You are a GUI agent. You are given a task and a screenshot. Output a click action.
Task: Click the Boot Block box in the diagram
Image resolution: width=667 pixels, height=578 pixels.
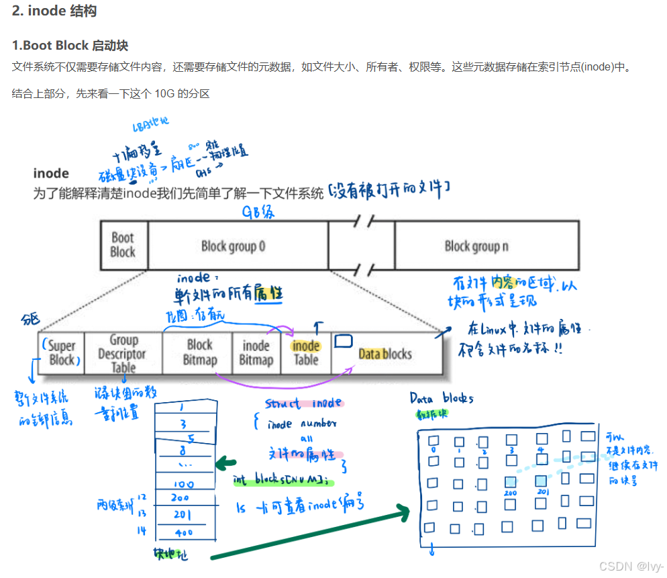tap(123, 245)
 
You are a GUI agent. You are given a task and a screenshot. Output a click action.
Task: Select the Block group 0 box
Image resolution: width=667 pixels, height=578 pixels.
tap(234, 246)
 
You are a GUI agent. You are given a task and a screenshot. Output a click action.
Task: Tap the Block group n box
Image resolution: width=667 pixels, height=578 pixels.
tap(476, 246)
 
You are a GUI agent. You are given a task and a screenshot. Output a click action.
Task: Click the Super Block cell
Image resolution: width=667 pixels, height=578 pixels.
tap(62, 353)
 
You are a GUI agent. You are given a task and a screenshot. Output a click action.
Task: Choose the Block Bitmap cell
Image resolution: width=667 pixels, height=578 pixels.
tap(200, 352)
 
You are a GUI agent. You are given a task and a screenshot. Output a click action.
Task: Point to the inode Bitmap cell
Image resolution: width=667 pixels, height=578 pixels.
tap(256, 353)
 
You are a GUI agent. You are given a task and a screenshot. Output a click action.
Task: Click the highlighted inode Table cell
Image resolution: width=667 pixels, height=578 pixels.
tap(306, 352)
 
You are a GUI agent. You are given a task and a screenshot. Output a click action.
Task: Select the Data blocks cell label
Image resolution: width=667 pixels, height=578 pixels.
tap(385, 354)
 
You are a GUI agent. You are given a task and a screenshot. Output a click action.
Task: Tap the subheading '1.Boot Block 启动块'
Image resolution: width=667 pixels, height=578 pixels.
tap(70, 46)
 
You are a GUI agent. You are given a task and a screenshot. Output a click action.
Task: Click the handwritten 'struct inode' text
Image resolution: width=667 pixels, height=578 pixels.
tap(304, 404)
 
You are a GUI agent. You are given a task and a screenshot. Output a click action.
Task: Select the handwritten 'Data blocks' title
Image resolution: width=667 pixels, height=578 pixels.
tap(442, 399)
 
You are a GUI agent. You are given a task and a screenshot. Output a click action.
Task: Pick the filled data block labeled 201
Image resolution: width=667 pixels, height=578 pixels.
tap(542, 481)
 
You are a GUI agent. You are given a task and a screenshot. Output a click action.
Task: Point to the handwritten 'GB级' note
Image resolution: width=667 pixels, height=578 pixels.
tap(259, 212)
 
